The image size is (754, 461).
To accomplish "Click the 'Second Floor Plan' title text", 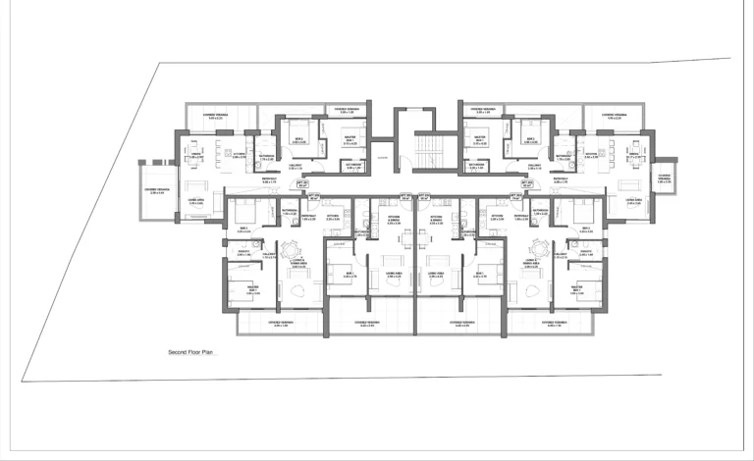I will click(190, 351).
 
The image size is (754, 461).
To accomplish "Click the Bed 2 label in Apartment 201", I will click(298, 139).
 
